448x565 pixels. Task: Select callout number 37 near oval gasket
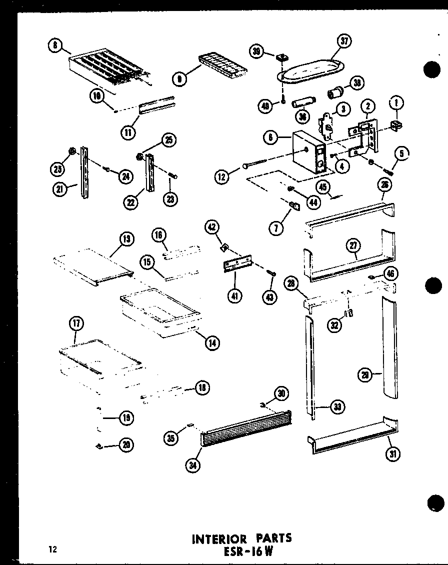pyautogui.click(x=343, y=41)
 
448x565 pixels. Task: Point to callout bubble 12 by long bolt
pyautogui.click(x=221, y=175)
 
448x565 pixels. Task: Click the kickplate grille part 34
pyautogui.click(x=245, y=429)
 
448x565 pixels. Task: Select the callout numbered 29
pyautogui.click(x=365, y=374)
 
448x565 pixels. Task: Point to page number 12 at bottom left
pyautogui.click(x=52, y=549)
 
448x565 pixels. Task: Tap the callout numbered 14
pyautogui.click(x=213, y=342)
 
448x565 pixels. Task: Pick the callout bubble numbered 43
pyautogui.click(x=271, y=296)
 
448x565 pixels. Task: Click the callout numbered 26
pyautogui.click(x=384, y=185)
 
